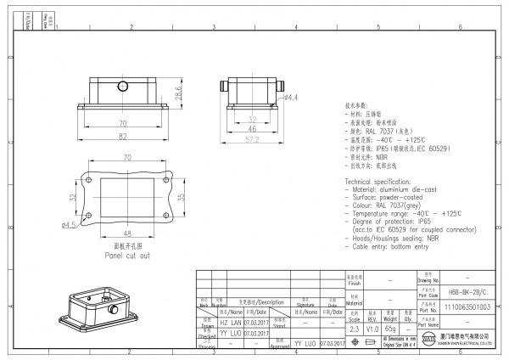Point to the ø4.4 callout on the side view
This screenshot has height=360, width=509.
click(289, 98)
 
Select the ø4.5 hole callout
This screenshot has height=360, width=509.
click(70, 225)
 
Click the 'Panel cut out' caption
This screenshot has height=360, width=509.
click(127, 254)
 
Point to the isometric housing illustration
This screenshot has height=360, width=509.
click(92, 310)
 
